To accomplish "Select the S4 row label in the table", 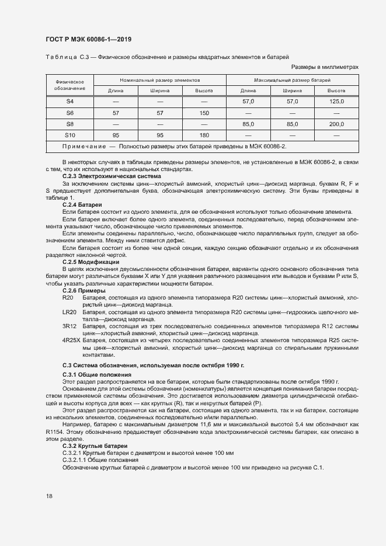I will (69, 102).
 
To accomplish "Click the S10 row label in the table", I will (69, 135).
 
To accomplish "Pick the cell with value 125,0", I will (336, 102).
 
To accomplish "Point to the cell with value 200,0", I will (336, 124).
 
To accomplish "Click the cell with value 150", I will (204, 113).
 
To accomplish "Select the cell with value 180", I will (204, 135).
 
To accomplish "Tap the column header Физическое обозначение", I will (69, 85).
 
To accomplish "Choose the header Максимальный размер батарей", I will (292, 79).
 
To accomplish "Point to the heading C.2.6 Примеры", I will (84, 290).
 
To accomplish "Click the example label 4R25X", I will (71, 339).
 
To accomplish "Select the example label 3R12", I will (69, 326).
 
